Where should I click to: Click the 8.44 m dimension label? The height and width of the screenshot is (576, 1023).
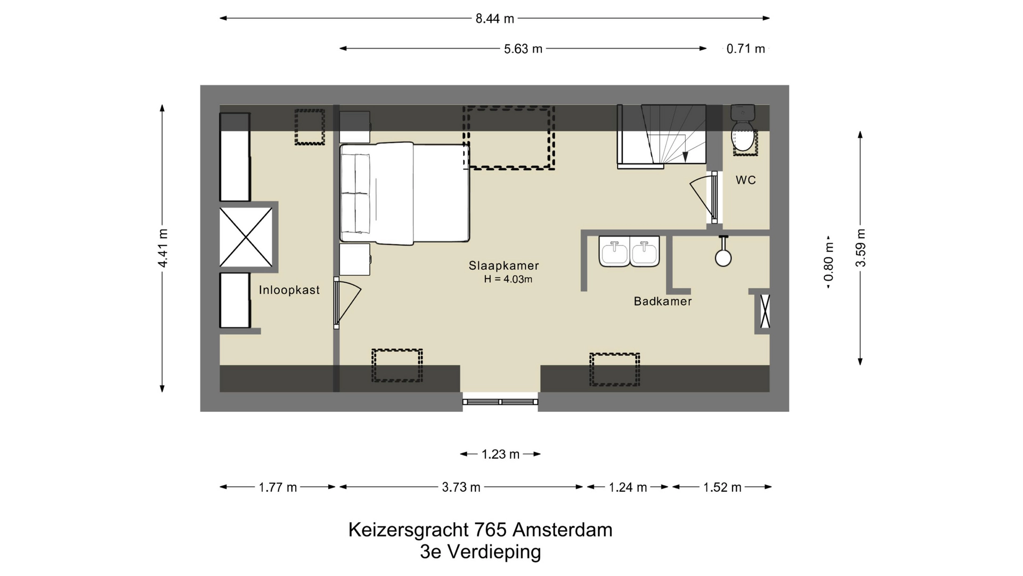point(494,19)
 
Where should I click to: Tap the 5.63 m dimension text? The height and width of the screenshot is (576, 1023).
point(523,49)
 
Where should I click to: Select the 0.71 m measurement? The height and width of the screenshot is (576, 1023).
point(745,49)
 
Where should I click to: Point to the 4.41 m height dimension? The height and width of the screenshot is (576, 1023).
point(163,248)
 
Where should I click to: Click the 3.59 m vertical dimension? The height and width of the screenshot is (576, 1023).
point(860,248)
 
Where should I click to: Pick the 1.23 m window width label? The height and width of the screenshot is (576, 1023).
point(500,454)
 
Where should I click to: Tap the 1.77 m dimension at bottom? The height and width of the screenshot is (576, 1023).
point(278,487)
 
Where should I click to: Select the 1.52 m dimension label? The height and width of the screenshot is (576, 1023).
point(722,487)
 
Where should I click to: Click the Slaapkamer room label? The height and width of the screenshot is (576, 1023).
point(504,266)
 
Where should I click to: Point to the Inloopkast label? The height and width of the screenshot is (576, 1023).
point(289,290)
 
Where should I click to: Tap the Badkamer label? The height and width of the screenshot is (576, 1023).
point(663,301)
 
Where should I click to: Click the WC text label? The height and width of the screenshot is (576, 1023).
point(745,180)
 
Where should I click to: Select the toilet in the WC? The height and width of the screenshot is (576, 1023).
point(743,133)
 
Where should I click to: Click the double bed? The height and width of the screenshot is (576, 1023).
point(405,193)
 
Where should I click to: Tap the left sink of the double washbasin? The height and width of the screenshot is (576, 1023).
point(614,251)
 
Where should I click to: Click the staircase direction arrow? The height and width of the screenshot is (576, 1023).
point(685,156)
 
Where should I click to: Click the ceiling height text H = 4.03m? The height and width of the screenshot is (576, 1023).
point(508,279)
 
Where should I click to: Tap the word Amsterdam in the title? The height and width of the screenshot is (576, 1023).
point(562,530)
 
